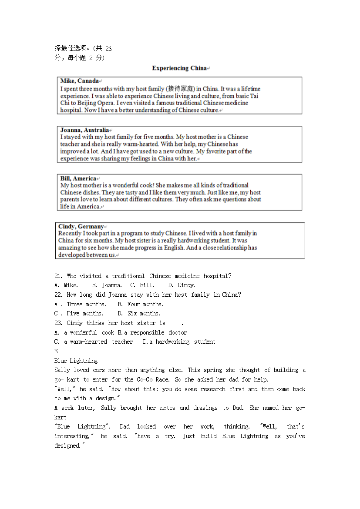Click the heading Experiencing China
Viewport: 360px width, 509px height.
tap(179, 68)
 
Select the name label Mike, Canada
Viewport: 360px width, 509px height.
tap(80, 81)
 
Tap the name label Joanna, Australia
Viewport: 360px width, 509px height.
tap(84, 130)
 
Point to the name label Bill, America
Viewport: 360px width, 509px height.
tap(78, 178)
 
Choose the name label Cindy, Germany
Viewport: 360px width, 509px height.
tap(81, 226)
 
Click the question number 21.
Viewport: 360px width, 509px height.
tap(58, 276)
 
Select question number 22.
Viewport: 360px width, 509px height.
tap(58, 295)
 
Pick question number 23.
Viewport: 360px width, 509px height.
tap(58, 323)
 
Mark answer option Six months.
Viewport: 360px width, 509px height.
tap(144, 313)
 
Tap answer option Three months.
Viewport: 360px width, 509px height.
tap(86, 304)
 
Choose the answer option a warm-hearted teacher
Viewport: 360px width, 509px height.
tap(98, 342)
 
